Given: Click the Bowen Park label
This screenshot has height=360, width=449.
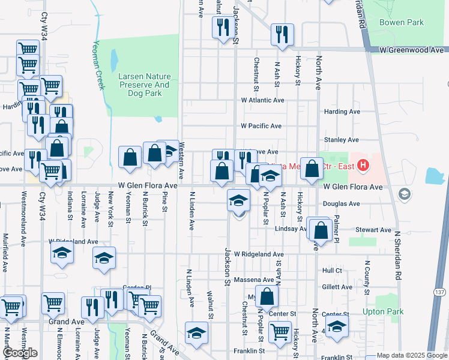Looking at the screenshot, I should [x=402, y=23].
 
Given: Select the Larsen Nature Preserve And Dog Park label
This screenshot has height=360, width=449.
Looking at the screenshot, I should [x=144, y=85].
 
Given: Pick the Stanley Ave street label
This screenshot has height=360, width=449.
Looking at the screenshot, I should [x=341, y=140].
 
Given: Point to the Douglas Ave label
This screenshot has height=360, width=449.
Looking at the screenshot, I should [x=342, y=204].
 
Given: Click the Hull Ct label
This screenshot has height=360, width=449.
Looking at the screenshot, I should [x=331, y=271].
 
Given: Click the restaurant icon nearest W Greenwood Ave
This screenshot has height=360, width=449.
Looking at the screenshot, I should [x=282, y=35].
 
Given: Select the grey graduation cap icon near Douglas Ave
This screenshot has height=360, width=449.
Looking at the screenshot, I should [x=404, y=193].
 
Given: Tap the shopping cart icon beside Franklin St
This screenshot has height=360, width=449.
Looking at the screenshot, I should [x=280, y=332].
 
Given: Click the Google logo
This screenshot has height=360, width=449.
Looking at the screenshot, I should [x=19, y=353].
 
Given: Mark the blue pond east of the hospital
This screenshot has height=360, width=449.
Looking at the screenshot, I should [x=433, y=175].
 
